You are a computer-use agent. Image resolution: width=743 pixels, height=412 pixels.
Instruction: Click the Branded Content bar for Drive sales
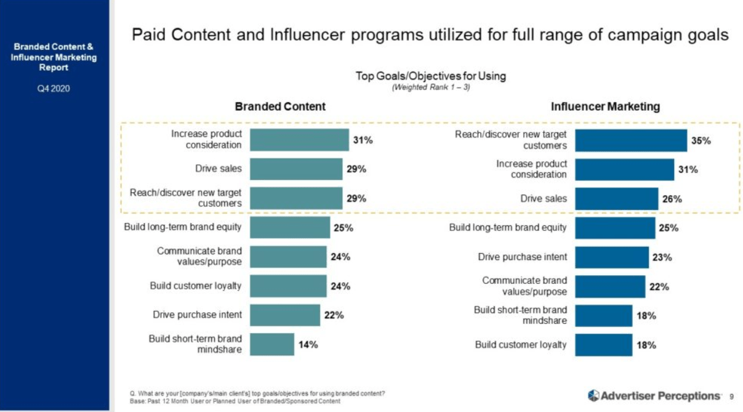(x=296, y=169)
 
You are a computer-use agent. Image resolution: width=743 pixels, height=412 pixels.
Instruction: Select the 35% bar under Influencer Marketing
(x=631, y=140)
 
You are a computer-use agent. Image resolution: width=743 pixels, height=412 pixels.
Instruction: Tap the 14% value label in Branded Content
(x=308, y=345)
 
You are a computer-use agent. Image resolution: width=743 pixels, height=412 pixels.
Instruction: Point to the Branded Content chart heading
(x=280, y=107)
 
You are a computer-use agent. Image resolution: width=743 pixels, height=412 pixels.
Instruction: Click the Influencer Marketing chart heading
(x=605, y=107)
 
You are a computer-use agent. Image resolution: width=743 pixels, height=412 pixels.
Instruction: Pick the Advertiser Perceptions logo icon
(x=593, y=395)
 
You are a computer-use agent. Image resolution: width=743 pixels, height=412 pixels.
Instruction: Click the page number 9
(x=731, y=396)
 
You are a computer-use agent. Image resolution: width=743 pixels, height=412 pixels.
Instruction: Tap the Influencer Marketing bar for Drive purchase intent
(x=612, y=257)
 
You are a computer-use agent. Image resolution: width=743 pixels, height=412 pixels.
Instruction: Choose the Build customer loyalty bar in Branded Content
(x=288, y=286)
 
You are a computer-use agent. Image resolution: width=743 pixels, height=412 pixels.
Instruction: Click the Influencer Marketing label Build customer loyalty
(x=520, y=345)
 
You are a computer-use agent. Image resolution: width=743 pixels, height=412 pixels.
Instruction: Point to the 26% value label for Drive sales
(x=672, y=199)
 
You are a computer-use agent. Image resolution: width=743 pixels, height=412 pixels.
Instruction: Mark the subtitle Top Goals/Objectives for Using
(x=431, y=76)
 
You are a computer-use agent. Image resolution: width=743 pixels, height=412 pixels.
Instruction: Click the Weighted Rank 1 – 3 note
(x=431, y=88)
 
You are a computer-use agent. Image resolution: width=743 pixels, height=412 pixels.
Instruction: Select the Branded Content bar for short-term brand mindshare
(x=272, y=345)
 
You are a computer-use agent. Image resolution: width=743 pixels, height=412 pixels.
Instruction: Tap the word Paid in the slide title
(x=149, y=34)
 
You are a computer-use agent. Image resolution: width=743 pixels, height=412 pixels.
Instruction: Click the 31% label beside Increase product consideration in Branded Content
(x=363, y=140)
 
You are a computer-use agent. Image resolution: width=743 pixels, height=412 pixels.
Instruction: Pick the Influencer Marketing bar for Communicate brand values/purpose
(x=610, y=286)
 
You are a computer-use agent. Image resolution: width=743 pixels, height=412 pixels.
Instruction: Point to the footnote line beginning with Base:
(x=235, y=402)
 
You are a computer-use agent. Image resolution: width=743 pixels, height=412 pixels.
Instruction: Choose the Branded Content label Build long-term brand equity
(x=183, y=227)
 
